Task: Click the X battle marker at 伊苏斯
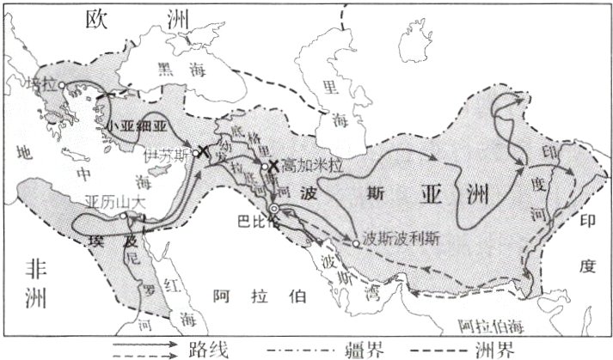click(x=204, y=151)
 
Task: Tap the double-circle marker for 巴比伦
click(x=273, y=209)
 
